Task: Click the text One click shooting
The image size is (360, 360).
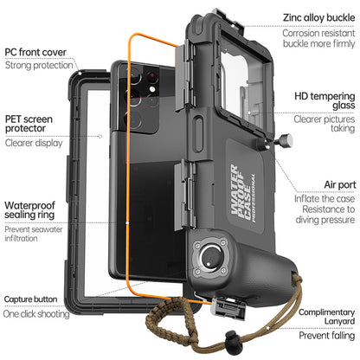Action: [37, 314]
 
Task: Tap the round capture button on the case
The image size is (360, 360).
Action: [211, 260]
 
